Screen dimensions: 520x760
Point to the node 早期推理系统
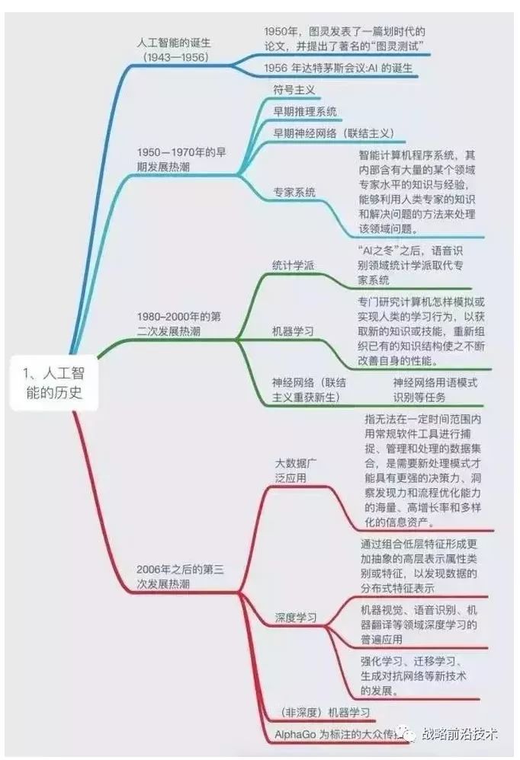coord(305,111)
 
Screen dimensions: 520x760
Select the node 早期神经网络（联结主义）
coord(334,133)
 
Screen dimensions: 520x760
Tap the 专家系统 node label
coord(294,193)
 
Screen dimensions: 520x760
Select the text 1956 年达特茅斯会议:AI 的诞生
coord(338,69)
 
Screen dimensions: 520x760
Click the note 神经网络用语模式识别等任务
coord(435,390)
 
